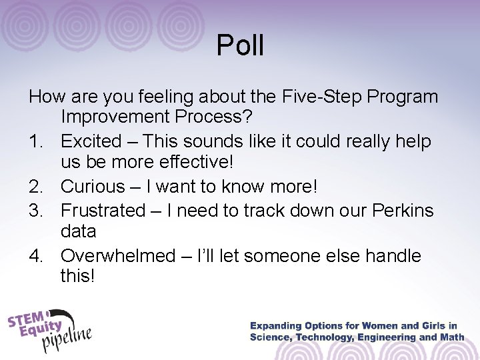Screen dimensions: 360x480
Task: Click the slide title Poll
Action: point(241,46)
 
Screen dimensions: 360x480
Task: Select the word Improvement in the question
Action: point(119,118)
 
